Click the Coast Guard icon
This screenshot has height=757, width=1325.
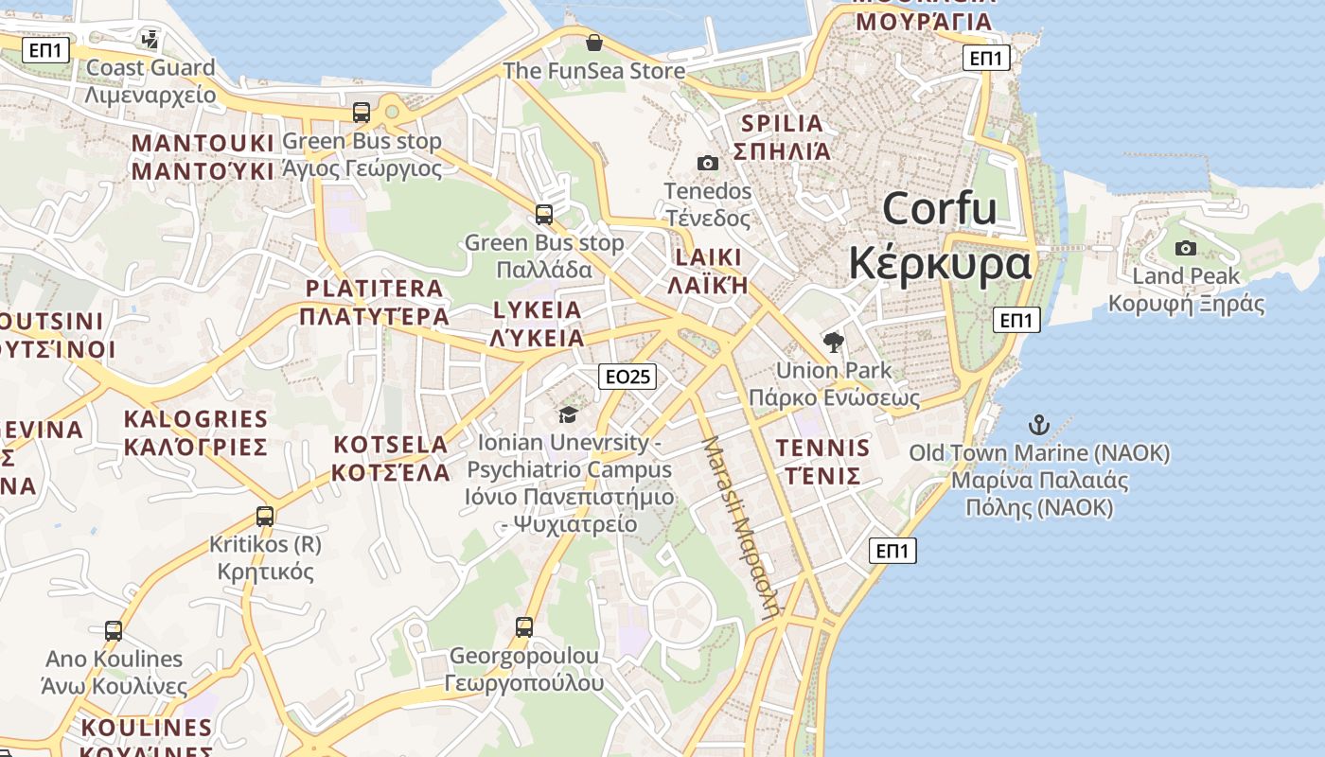click(x=150, y=39)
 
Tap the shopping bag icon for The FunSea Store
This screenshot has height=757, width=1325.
click(x=594, y=43)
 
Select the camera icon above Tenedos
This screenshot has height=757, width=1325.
click(x=707, y=163)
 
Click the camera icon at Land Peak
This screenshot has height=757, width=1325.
click(x=1185, y=249)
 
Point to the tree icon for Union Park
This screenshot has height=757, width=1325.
click(x=834, y=342)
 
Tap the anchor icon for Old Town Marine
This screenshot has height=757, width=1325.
click(x=1039, y=425)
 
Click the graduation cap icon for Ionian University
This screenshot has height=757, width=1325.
click(x=568, y=414)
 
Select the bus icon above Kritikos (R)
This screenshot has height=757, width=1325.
click(x=265, y=517)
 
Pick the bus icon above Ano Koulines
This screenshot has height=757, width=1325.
click(x=114, y=630)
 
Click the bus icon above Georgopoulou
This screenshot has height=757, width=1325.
click(x=524, y=626)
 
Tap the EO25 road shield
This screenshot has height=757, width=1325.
click(x=627, y=377)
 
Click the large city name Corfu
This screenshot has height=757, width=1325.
click(x=939, y=208)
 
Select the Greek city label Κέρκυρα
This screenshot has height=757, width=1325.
click(x=939, y=263)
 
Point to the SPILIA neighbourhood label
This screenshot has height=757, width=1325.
click(x=783, y=123)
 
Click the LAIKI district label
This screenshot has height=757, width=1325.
click(x=709, y=257)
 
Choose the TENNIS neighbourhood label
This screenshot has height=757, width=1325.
click(x=821, y=449)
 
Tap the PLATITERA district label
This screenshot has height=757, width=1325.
click(x=375, y=289)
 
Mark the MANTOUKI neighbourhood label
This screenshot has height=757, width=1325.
click(x=203, y=143)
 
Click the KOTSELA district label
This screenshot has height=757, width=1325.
click(x=391, y=445)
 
